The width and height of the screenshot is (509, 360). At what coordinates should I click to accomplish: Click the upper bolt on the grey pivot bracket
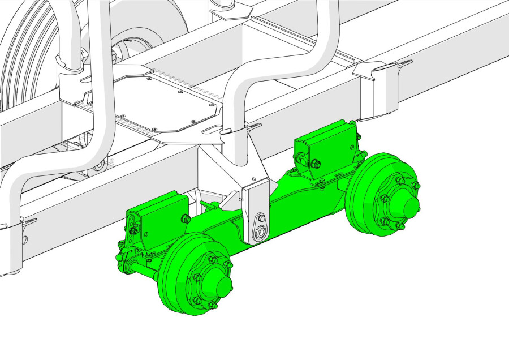(261, 218)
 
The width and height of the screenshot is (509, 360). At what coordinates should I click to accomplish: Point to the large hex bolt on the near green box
(186, 219)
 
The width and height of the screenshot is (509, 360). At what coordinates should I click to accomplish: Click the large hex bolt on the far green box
(316, 165)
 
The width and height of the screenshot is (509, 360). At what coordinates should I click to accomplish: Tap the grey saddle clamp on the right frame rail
(380, 91)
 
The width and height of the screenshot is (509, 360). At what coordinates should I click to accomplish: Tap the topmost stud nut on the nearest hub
(213, 259)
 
